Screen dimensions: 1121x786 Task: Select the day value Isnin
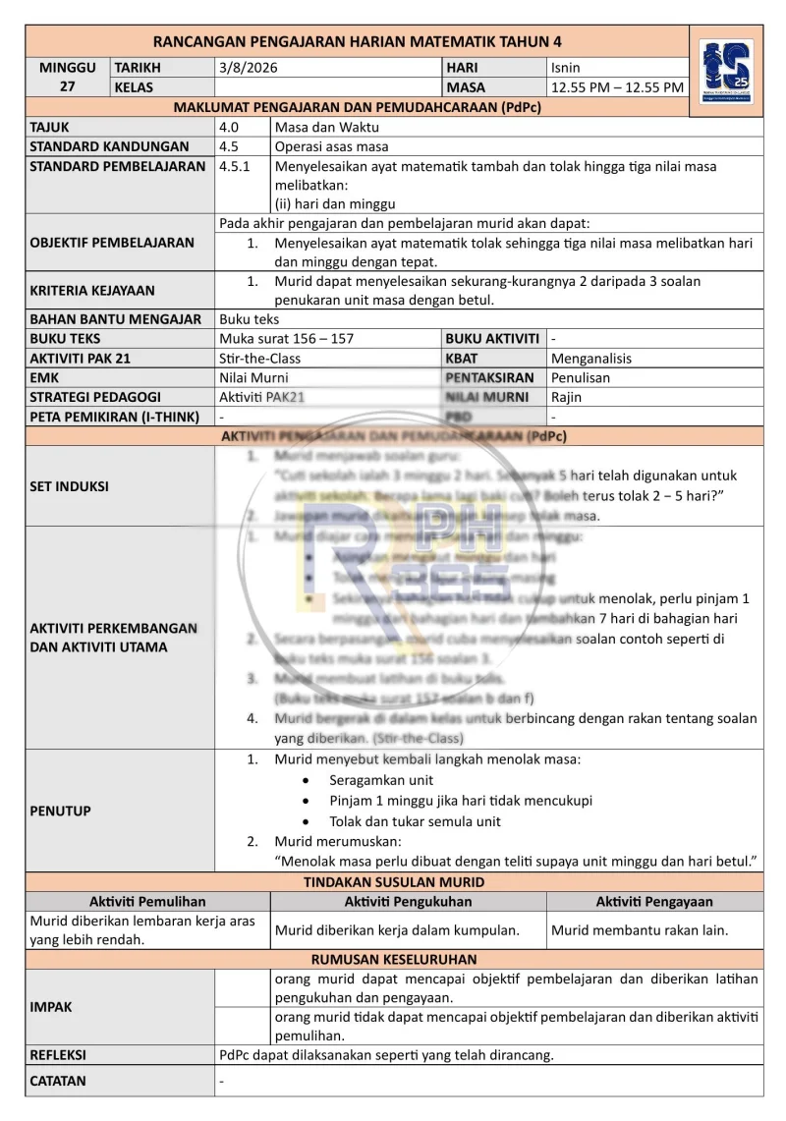pyautogui.click(x=566, y=68)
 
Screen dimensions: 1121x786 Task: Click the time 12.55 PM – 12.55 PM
pyautogui.click(x=617, y=87)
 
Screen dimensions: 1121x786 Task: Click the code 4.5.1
pyautogui.click(x=235, y=166)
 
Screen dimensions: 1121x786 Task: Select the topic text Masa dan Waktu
pyautogui.click(x=327, y=127)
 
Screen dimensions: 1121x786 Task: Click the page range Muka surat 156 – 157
pyautogui.click(x=287, y=338)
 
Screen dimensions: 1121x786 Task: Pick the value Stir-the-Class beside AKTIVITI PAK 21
pyautogui.click(x=260, y=358)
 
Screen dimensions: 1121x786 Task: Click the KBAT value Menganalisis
pyautogui.click(x=591, y=358)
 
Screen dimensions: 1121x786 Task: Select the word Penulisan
pyautogui.click(x=581, y=377)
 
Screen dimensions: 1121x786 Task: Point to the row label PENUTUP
pyautogui.click(x=61, y=811)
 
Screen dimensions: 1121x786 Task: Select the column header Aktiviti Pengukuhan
pyautogui.click(x=408, y=901)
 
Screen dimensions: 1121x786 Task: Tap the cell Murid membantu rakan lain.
pyautogui.click(x=640, y=929)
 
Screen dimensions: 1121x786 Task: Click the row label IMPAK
pyautogui.click(x=51, y=1007)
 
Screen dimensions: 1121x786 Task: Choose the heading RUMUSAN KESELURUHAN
pyautogui.click(x=394, y=959)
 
